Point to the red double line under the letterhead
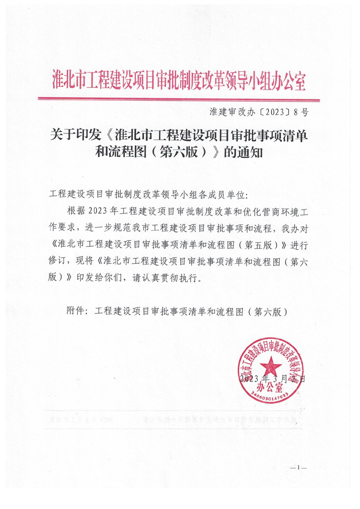coord(179,99)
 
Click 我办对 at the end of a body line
coord(295,228)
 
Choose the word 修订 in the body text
coord(56,262)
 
